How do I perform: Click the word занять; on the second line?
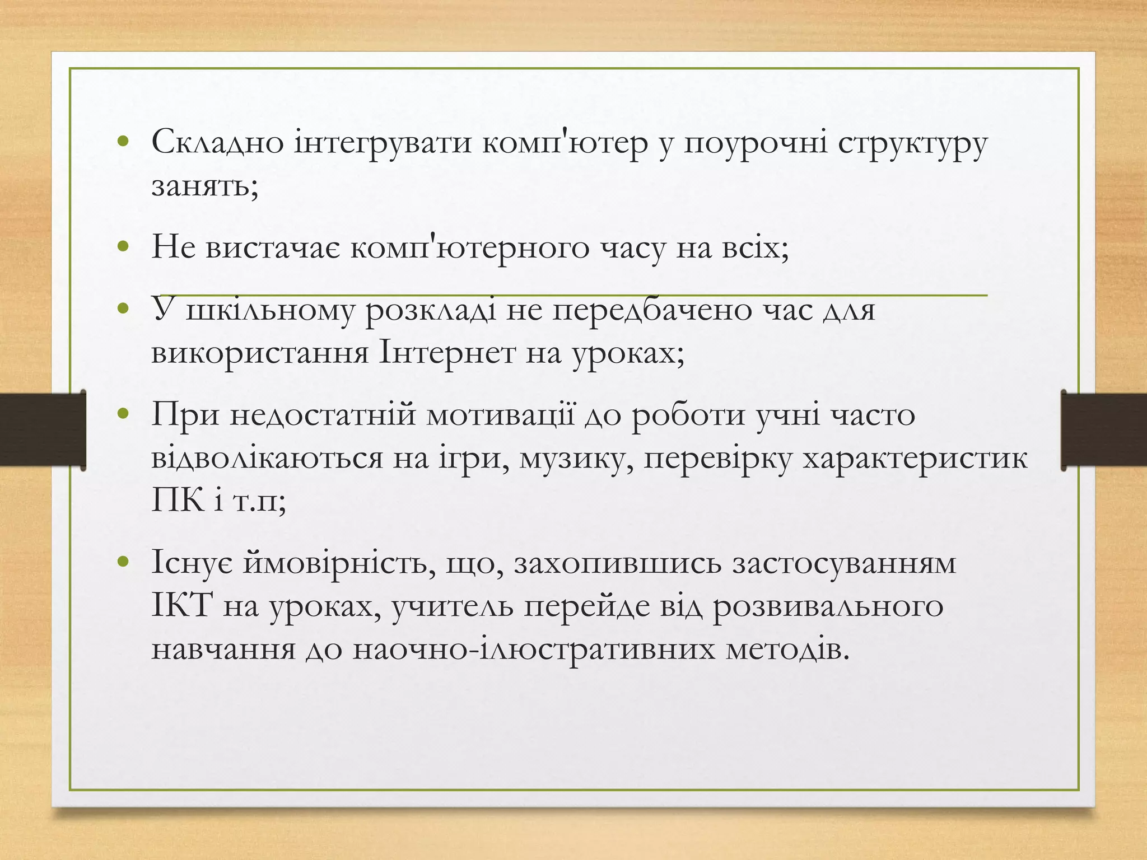(x=204, y=186)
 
